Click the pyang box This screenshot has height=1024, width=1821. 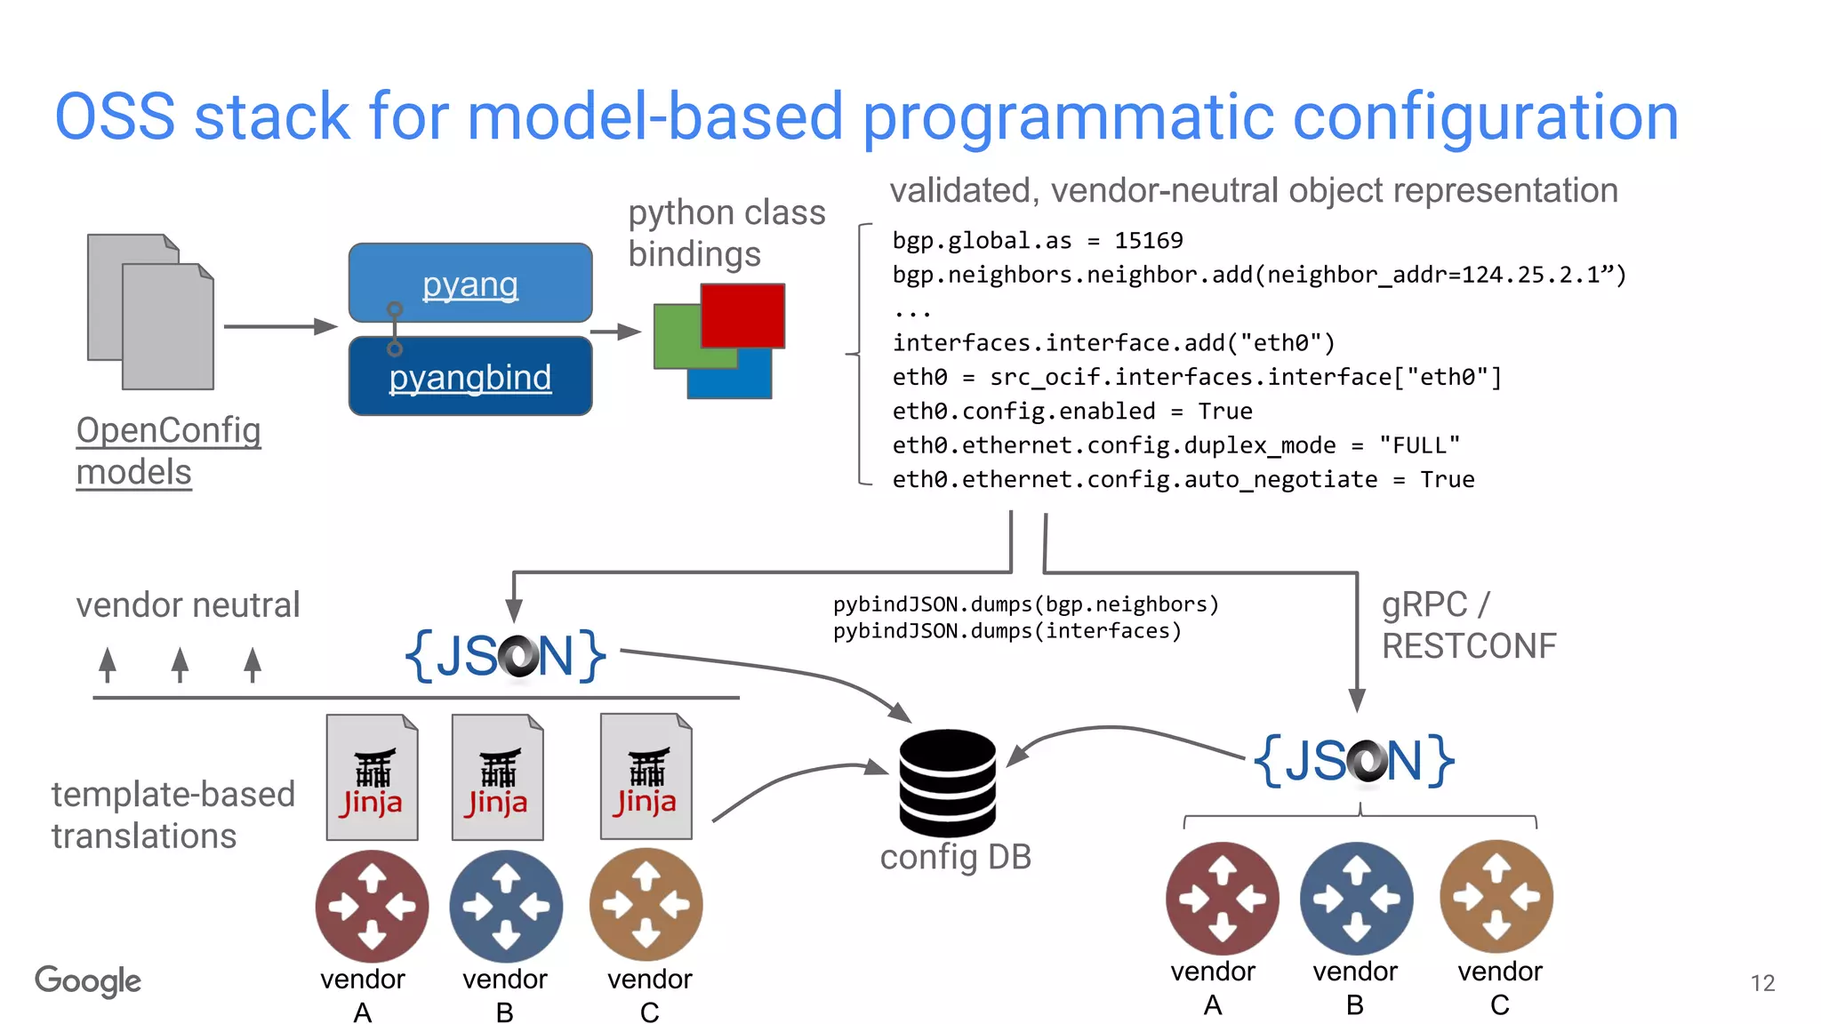tap(470, 283)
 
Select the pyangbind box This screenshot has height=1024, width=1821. tap(470, 377)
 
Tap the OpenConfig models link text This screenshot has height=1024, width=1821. tap(168, 451)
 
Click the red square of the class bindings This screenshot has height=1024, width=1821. tap(742, 315)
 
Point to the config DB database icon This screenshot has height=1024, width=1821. tap(947, 782)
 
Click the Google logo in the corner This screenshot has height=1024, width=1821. tap(88, 980)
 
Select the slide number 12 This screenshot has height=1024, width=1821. tap(1762, 983)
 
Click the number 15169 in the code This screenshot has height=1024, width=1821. tap(1148, 241)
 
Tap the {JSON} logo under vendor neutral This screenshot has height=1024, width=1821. tap(505, 656)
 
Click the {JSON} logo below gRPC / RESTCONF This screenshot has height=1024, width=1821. tap(1354, 761)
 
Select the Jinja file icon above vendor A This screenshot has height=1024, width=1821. tap(372, 777)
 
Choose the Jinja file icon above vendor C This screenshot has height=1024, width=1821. tap(646, 777)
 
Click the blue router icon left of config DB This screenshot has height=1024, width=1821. tap(506, 906)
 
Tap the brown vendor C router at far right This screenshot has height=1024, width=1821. tap(1496, 897)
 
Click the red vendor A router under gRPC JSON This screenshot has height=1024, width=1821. tap(1222, 899)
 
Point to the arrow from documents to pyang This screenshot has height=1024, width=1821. tap(279, 326)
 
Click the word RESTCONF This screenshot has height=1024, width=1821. tap(1469, 646)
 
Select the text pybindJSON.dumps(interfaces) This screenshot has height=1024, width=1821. tap(1007, 631)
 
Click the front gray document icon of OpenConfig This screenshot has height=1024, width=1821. tap(168, 327)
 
